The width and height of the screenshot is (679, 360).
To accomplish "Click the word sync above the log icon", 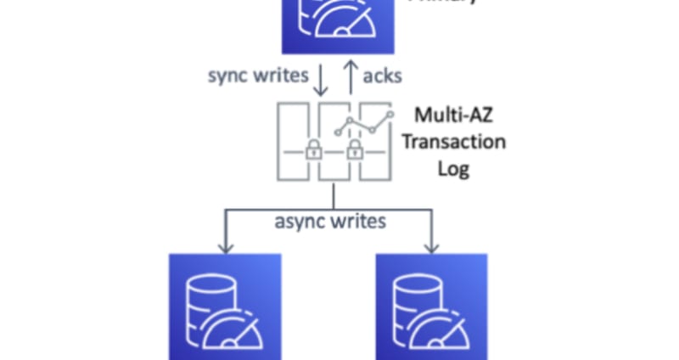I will (x=228, y=75).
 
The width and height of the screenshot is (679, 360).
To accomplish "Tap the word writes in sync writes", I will (x=280, y=75).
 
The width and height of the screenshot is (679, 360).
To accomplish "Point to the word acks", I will (x=382, y=76).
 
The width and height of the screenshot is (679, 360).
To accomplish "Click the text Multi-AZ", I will (x=452, y=115).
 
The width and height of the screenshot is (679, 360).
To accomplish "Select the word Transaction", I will (x=453, y=141).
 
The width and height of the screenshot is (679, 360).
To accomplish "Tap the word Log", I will (x=453, y=167).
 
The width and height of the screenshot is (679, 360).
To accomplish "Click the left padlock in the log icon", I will (x=313, y=151).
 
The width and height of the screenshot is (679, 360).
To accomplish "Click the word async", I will (x=299, y=222).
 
